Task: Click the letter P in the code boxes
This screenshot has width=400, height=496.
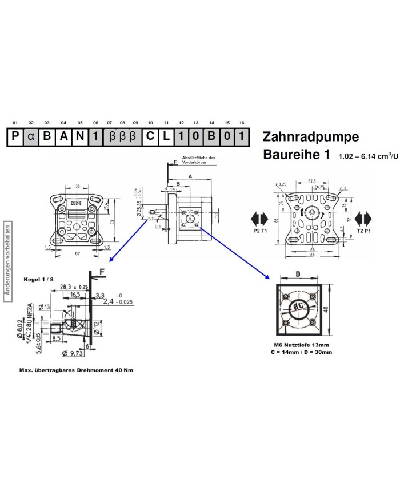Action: tap(15, 138)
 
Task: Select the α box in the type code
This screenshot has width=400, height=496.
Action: tap(31, 138)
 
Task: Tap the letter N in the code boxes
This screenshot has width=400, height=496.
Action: tap(80, 138)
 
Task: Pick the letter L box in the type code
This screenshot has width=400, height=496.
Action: tap(166, 138)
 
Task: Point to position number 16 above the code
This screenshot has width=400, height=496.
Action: tap(242, 123)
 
